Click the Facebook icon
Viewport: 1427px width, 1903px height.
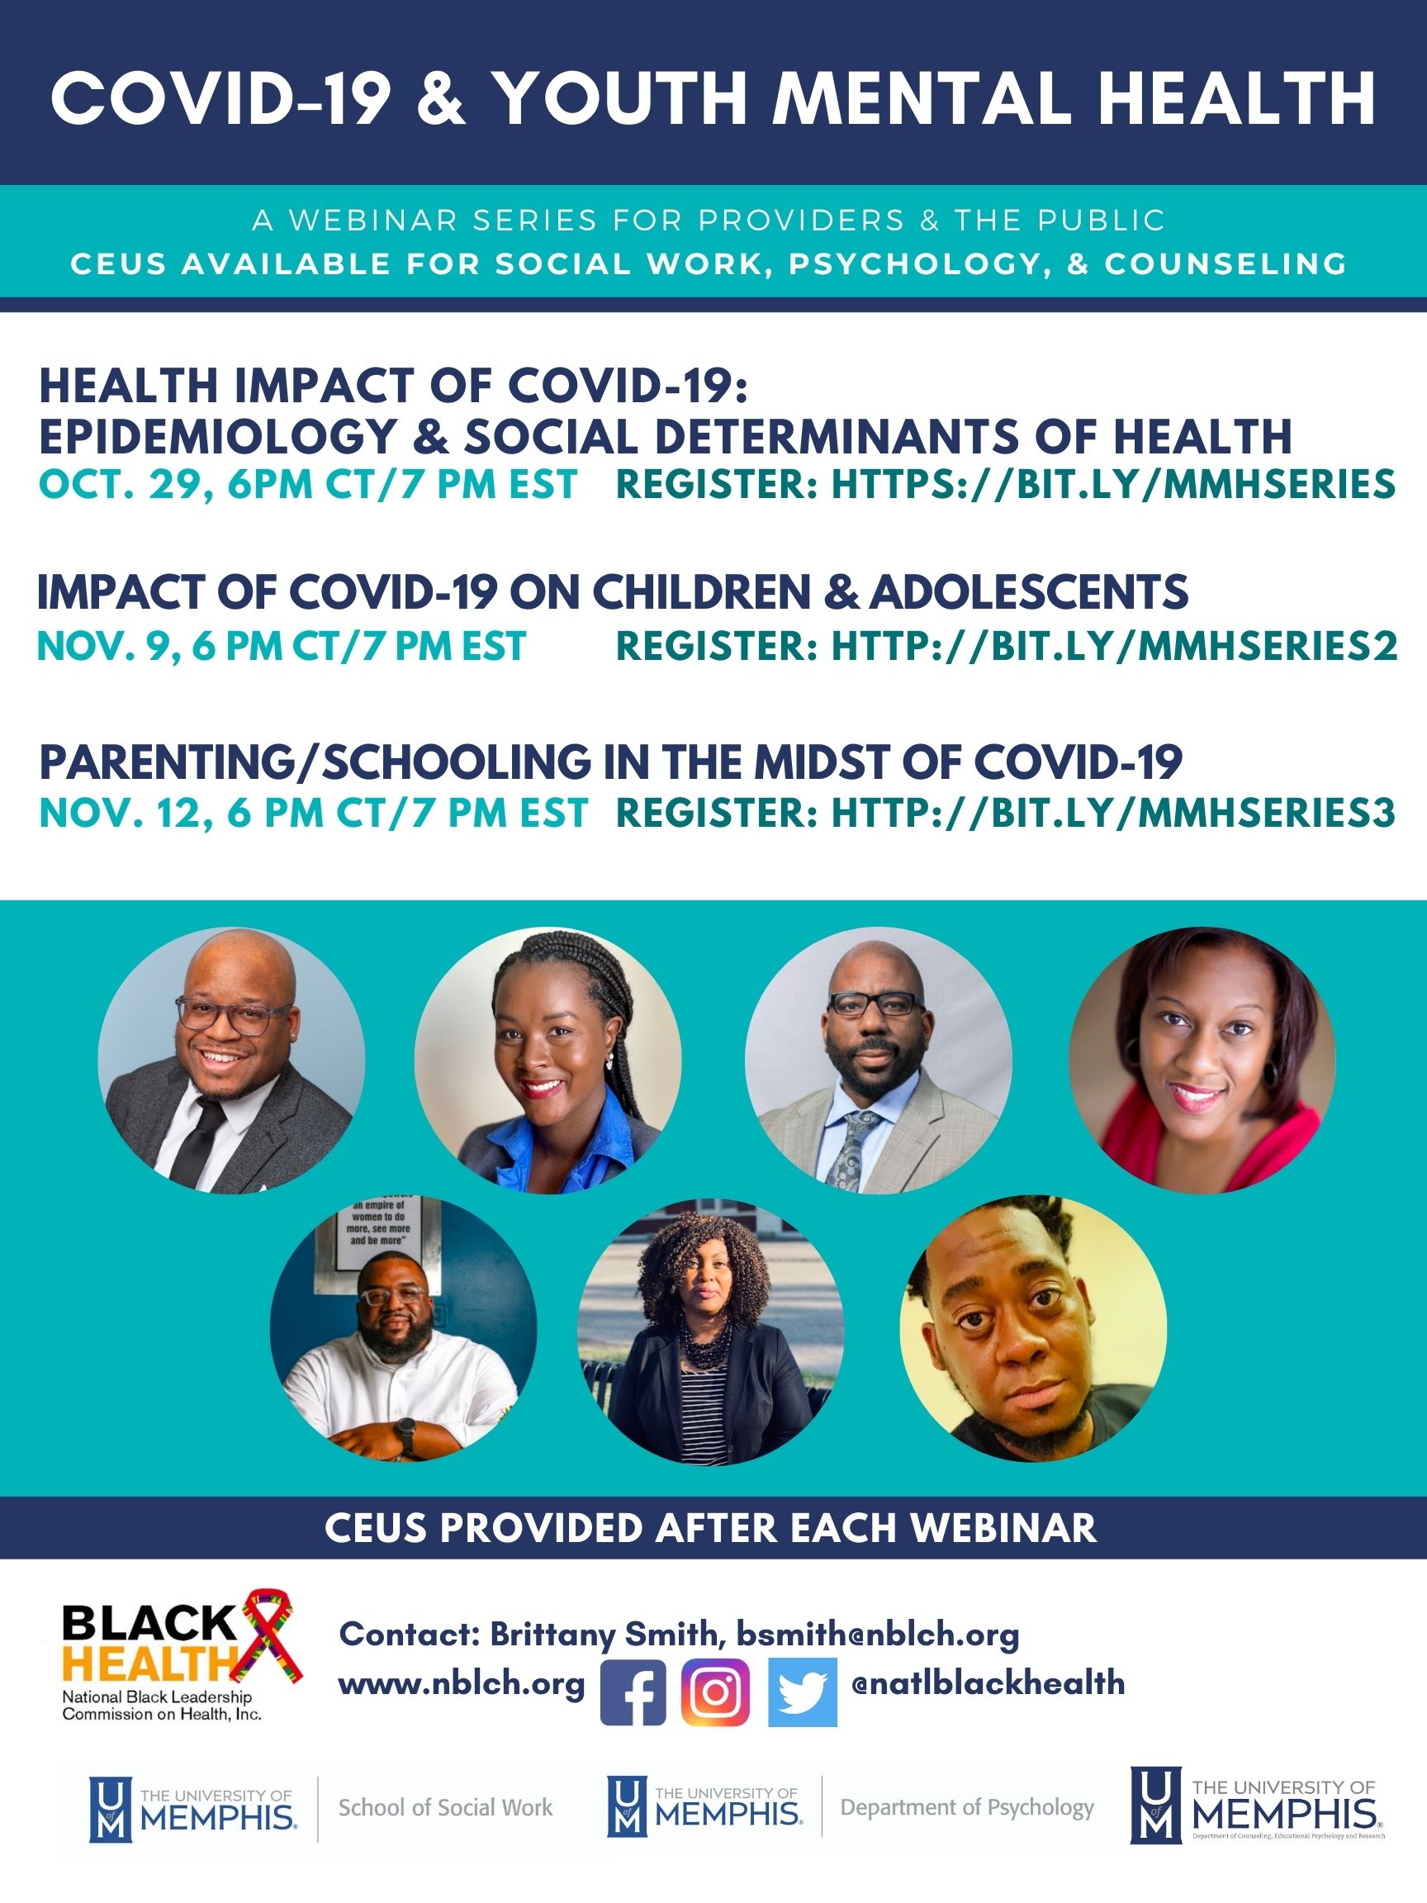pos(633,1692)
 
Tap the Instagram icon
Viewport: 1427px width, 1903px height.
pos(716,1692)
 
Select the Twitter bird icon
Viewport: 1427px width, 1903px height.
pos(802,1692)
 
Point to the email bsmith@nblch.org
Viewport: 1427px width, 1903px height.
pos(877,1634)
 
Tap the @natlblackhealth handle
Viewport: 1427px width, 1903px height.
pos(988,1682)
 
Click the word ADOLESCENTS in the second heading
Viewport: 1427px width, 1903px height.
pos(1029,592)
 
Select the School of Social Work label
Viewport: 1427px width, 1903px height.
pos(446,1807)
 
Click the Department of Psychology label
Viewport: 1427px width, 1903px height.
pos(967,1807)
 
